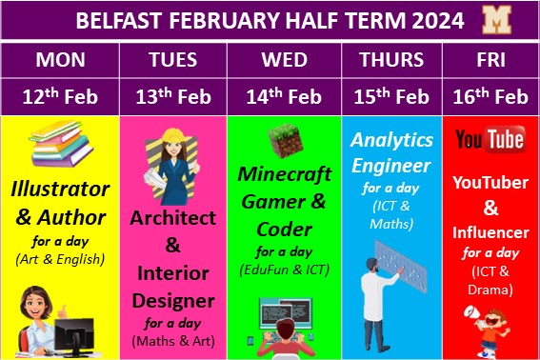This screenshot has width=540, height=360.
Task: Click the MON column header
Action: pos(59,59)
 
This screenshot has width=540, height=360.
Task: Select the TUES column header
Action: pos(172,59)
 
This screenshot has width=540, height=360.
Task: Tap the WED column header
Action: pos(284,59)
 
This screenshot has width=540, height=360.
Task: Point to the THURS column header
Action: pos(391,59)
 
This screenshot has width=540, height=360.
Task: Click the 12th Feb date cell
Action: pos(59,96)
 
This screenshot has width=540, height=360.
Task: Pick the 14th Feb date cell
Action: pos(284,96)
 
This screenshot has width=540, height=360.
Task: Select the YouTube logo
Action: pos(490,141)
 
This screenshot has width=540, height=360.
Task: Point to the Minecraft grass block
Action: pos(284,142)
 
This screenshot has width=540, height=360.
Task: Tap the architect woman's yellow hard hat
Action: pos(163,140)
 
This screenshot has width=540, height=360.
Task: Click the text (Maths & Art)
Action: pos(172,340)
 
